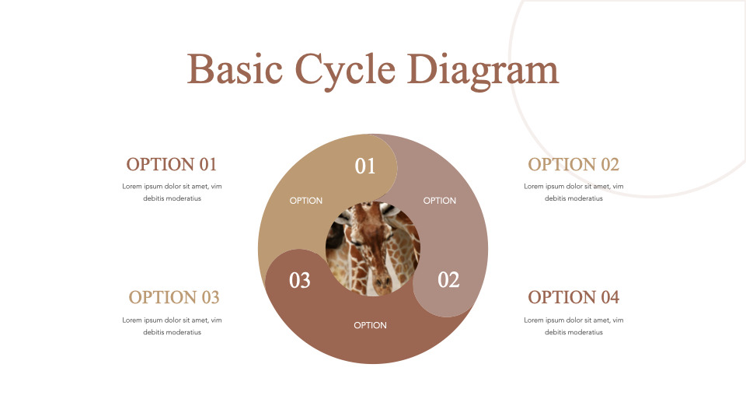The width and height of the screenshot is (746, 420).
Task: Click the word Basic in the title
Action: [234, 70]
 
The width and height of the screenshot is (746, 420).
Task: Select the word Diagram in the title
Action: [483, 70]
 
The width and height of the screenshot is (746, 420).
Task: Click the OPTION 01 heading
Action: [172, 164]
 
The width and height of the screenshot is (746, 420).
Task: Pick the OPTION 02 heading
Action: [573, 164]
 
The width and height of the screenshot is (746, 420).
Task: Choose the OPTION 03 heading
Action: [174, 297]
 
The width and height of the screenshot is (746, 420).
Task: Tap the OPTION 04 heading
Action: [573, 297]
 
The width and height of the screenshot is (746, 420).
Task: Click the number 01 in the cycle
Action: [365, 166]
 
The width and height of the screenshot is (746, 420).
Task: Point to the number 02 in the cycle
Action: [448, 280]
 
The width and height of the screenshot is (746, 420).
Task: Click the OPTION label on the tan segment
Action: [306, 201]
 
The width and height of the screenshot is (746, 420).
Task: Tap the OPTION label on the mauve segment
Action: [440, 201]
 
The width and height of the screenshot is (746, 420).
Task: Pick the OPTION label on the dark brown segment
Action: [370, 325]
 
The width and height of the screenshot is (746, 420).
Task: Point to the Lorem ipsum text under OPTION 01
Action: [172, 192]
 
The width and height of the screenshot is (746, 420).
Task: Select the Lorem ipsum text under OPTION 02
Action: [573, 192]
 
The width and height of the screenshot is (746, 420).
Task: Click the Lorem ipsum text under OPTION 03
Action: [172, 326]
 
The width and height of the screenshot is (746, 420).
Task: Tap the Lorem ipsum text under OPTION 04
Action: [573, 326]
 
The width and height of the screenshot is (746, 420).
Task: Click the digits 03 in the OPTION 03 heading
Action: [210, 297]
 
